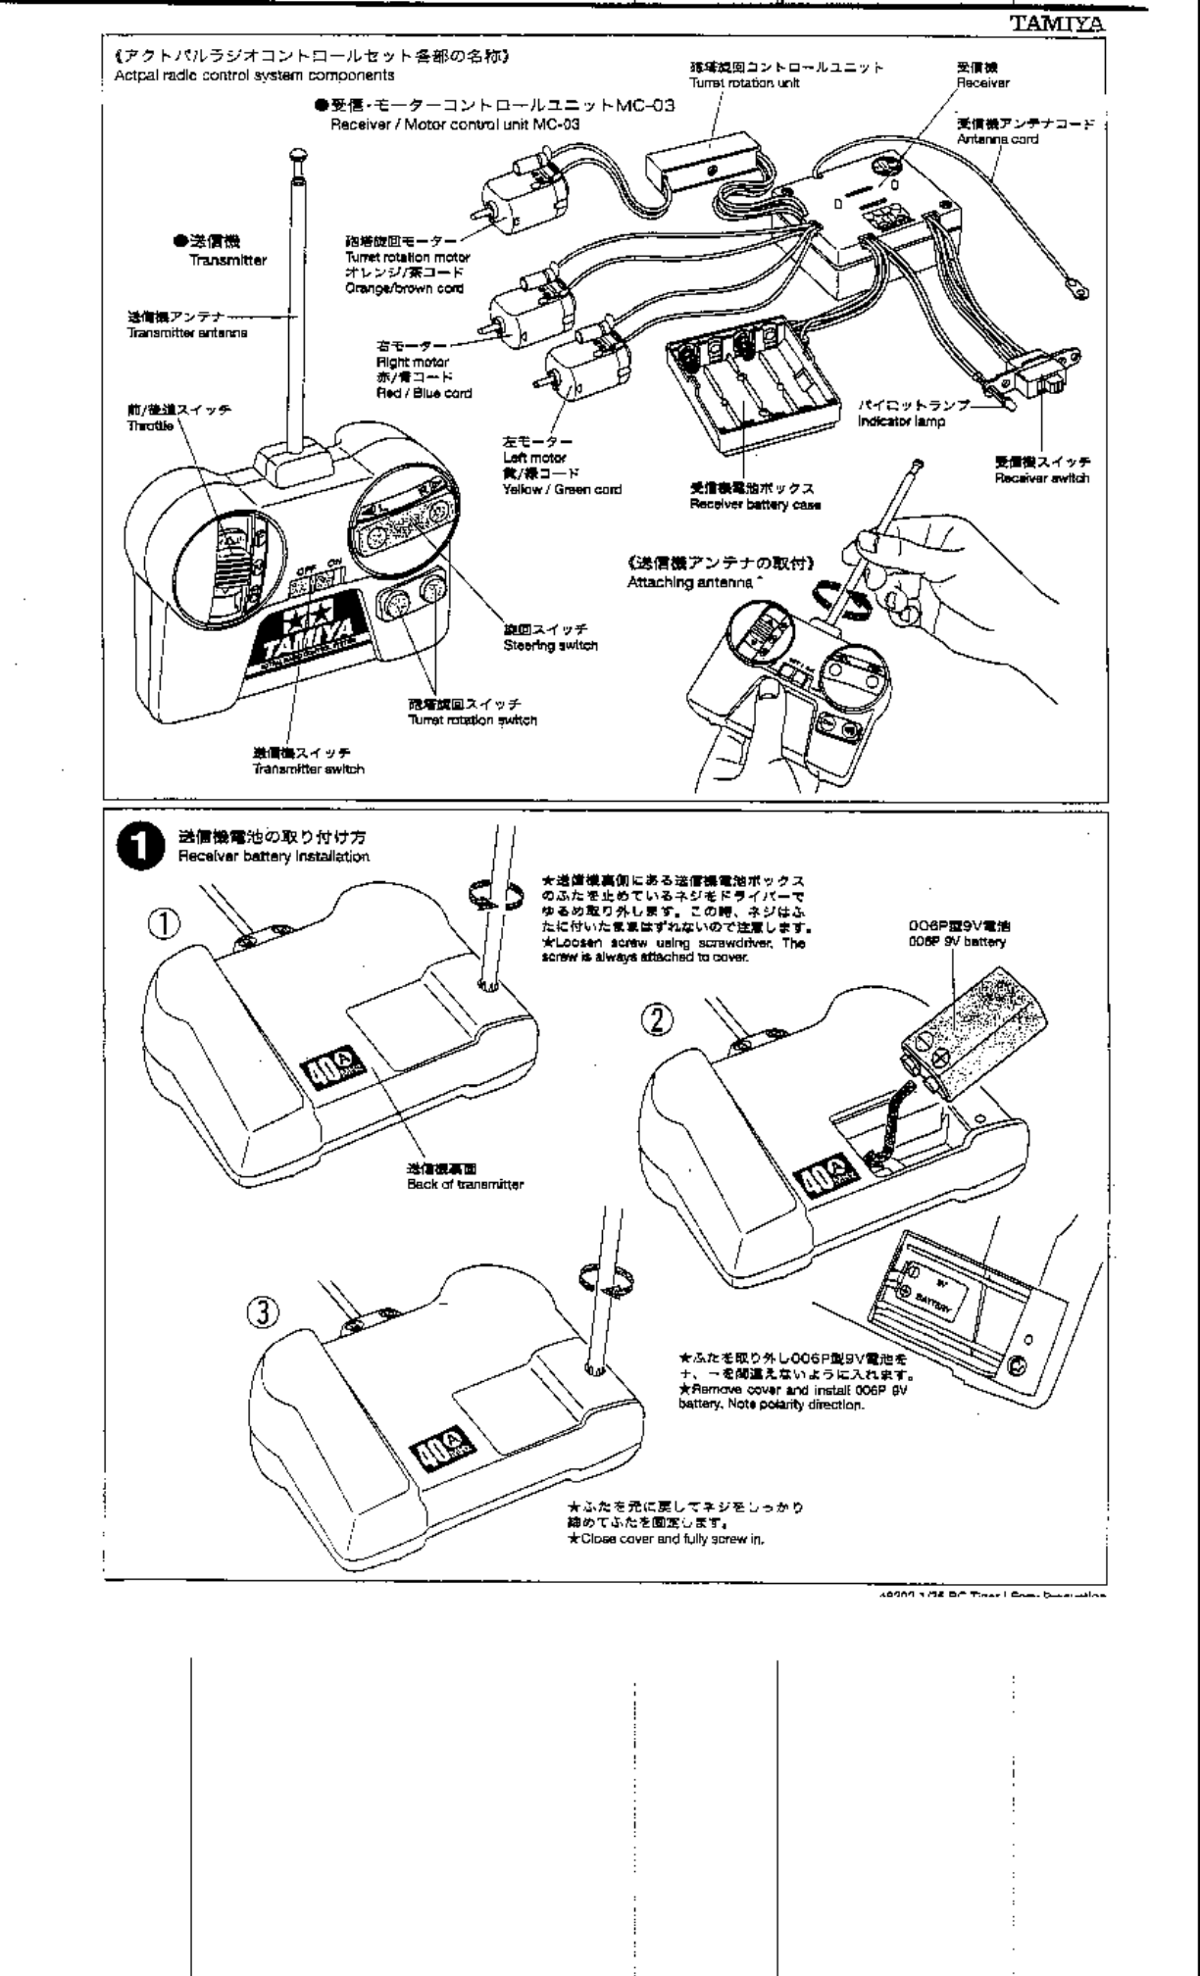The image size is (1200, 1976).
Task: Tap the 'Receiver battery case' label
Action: [755, 505]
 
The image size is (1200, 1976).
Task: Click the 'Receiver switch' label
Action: [1042, 478]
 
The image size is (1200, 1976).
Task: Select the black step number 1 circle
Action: [138, 848]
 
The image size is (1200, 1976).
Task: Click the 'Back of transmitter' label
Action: [465, 1184]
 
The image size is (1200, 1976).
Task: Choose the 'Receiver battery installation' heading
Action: [274, 857]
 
